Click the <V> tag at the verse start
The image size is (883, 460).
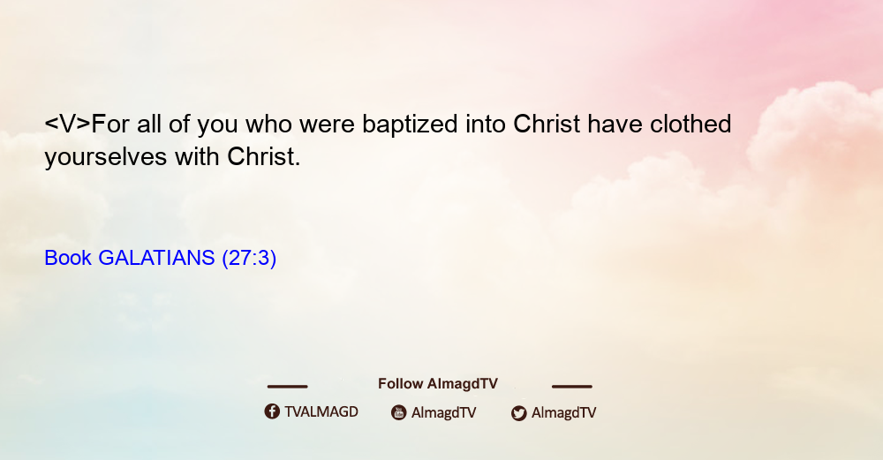click(x=68, y=124)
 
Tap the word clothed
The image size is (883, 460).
click(x=691, y=124)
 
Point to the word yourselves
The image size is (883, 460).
click(x=106, y=157)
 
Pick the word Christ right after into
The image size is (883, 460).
click(x=547, y=124)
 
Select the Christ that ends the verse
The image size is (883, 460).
click(x=263, y=156)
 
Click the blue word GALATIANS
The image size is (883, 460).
click(x=156, y=258)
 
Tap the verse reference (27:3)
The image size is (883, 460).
click(x=249, y=259)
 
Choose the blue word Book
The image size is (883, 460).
click(x=68, y=258)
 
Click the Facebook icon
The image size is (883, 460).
click(x=272, y=411)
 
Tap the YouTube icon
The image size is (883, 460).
click(x=399, y=412)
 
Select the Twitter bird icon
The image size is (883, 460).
click(x=518, y=413)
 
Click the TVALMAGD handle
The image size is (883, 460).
click(x=321, y=412)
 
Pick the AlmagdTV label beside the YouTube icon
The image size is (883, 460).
click(x=444, y=413)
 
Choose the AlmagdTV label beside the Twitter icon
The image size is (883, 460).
click(x=563, y=413)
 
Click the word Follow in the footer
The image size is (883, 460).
click(x=400, y=384)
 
